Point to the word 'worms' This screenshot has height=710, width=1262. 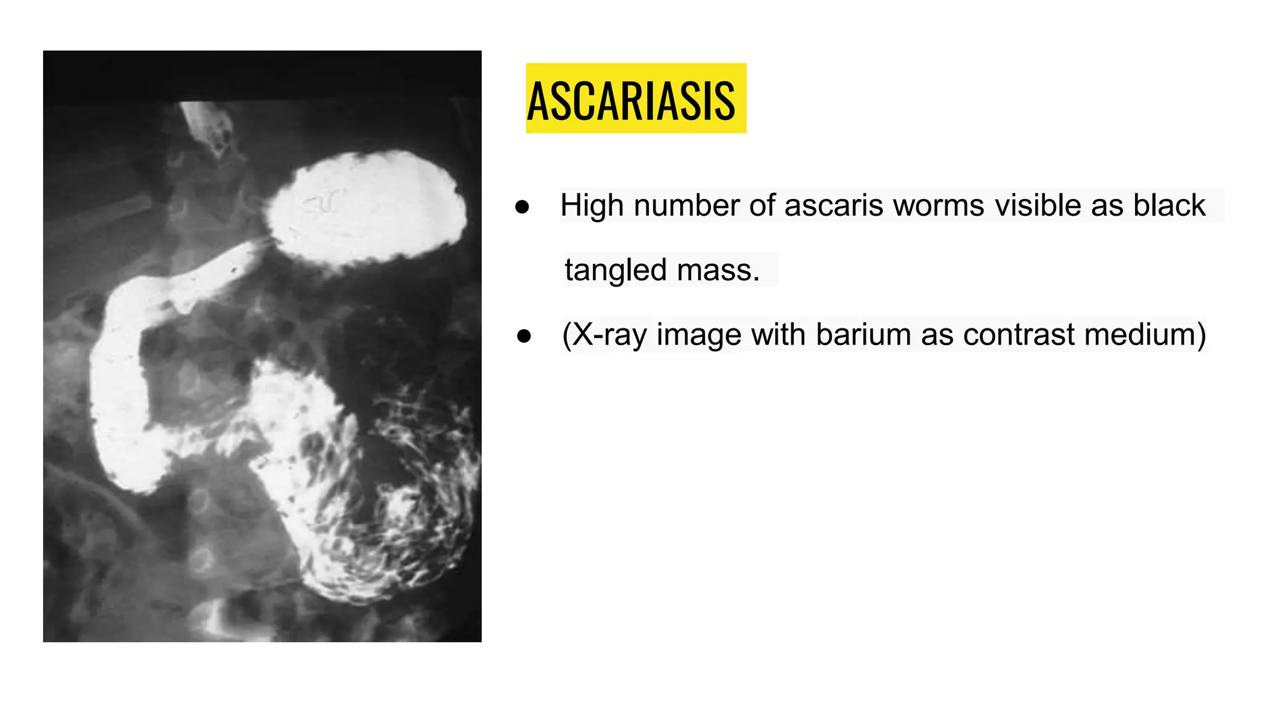938,205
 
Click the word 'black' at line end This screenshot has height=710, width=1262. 1169,205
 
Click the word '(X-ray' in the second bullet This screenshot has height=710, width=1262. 604,335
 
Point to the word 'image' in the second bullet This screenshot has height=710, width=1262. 698,335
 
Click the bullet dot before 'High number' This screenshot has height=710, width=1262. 522,207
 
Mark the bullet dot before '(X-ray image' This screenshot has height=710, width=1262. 524,337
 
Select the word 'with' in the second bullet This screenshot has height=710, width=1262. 778,335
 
